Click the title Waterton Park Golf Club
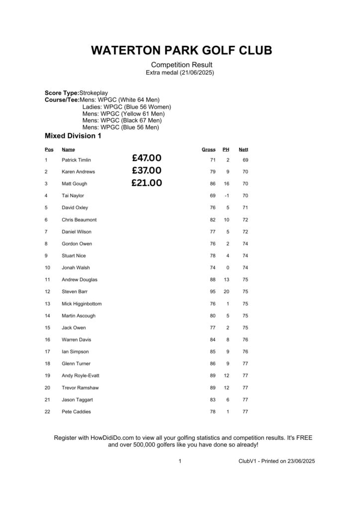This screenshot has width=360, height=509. [181, 51]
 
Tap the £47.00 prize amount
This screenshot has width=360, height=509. [147, 159]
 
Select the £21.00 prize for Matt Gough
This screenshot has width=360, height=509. [147, 183]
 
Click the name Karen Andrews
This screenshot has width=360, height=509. [78, 171]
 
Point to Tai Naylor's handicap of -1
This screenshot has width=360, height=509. [226, 196]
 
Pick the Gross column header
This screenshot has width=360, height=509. [208, 150]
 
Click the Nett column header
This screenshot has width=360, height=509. [243, 150]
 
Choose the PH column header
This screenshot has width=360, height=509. [226, 150]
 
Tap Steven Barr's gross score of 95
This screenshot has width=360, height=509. [212, 292]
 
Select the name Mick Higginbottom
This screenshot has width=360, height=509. [82, 304]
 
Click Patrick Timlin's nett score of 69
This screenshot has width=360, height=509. [245, 160]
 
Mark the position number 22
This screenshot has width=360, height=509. [47, 412]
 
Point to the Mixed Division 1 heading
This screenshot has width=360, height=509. [73, 136]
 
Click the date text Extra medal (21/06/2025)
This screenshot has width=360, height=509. [180, 73]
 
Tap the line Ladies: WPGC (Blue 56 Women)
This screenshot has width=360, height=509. [126, 107]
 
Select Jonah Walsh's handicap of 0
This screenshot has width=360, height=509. [227, 268]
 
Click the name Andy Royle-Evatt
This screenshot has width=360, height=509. [80, 376]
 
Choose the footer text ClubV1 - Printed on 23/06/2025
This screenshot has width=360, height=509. [276, 461]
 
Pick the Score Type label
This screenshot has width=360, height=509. [62, 93]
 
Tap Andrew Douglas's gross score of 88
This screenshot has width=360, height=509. [212, 280]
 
